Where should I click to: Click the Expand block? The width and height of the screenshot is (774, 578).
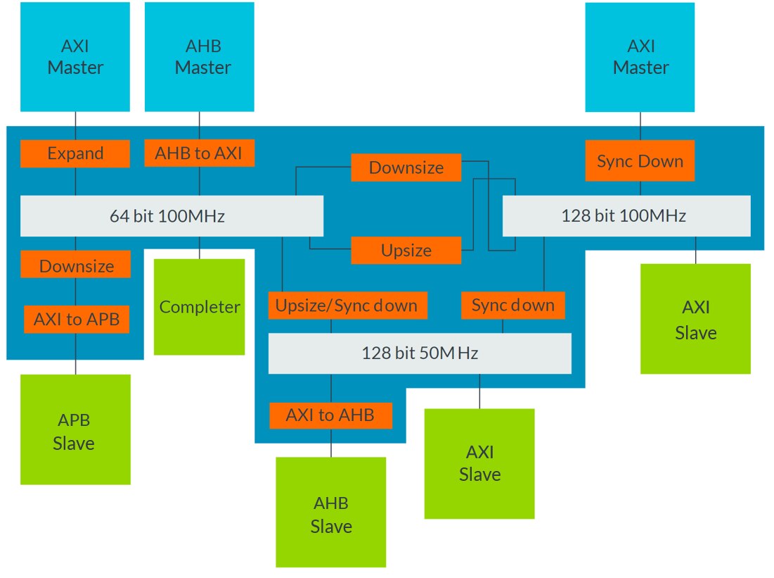(75, 153)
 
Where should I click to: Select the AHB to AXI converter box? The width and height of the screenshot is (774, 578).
(200, 153)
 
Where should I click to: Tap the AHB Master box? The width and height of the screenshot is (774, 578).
(200, 57)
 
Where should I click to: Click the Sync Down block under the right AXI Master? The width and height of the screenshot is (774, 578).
(640, 161)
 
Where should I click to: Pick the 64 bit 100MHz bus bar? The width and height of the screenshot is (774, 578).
(172, 215)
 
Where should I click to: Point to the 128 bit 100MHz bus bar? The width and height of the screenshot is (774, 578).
(626, 215)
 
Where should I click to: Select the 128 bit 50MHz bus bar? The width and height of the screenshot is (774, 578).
(420, 353)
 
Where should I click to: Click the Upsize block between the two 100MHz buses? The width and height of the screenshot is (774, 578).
(406, 251)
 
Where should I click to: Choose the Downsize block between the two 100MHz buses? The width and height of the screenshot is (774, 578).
(406, 168)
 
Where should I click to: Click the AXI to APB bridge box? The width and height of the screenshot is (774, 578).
(76, 320)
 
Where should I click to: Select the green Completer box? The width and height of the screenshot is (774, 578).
(200, 307)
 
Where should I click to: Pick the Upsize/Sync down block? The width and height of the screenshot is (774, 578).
(347, 306)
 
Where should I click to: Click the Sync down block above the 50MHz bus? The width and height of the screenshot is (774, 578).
(513, 306)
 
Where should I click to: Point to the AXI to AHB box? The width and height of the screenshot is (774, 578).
(330, 415)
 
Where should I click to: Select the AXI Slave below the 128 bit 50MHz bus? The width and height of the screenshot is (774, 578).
(479, 463)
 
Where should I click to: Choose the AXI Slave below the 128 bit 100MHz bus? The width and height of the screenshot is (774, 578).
(695, 319)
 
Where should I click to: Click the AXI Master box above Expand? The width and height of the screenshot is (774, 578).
(75, 57)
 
